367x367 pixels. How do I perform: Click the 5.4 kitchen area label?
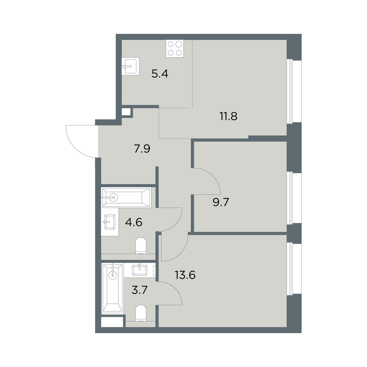coord(160,74)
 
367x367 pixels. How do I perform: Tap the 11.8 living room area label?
coord(228,116)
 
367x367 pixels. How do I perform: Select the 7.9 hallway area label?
coord(142,149)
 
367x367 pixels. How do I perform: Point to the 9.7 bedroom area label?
coord(221,202)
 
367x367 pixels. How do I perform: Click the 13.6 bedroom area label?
coord(185,275)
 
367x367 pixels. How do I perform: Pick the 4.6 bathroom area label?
coord(134,222)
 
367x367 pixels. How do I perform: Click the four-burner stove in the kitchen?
coord(175,48)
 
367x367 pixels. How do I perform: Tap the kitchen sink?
coord(131,66)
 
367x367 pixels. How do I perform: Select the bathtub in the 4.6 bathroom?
coord(126,197)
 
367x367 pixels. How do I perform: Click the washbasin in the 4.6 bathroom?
coord(109,222)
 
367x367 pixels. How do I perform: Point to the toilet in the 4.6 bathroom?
coord(141,246)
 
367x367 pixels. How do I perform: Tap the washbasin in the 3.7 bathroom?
coord(139,270)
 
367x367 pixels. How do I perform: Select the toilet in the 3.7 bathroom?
coord(141,314)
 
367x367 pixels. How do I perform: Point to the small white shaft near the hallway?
coord(126,112)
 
